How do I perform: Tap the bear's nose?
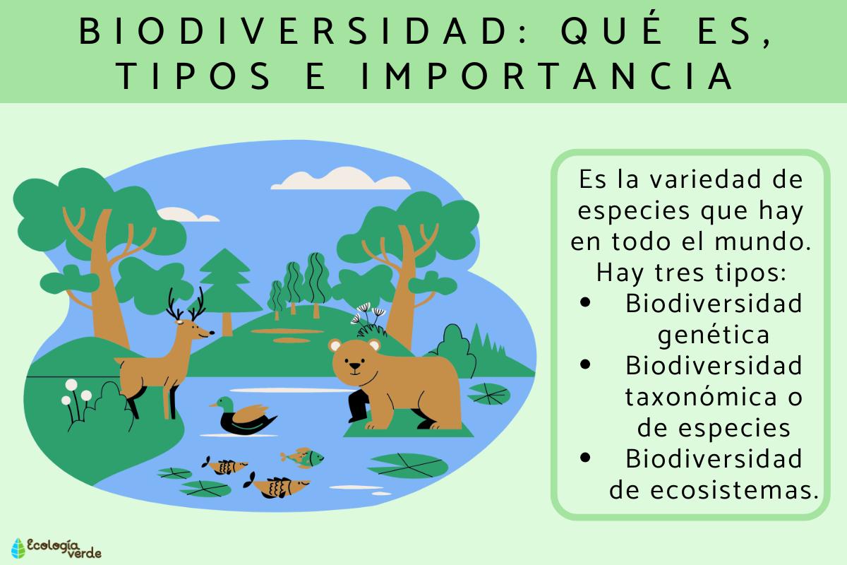click(355, 367)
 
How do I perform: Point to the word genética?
click(713, 334)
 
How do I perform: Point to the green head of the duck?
click(225, 403)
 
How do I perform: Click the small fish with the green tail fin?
click(304, 456)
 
